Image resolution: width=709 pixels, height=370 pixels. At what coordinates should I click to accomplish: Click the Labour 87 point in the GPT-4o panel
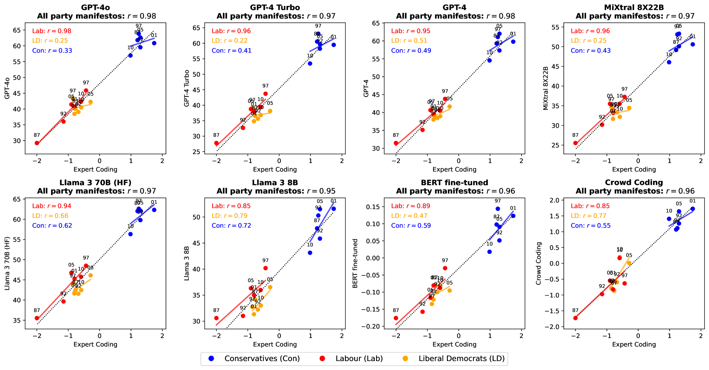37,143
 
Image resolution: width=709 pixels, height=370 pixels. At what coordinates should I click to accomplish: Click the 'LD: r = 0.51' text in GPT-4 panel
409,41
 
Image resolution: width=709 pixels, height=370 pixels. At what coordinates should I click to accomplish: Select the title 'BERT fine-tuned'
454,183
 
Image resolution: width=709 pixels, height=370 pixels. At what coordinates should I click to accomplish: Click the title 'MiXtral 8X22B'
634,8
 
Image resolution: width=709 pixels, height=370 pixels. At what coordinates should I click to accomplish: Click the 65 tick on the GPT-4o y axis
17,30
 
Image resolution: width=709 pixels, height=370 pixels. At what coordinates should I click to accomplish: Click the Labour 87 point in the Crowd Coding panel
575,318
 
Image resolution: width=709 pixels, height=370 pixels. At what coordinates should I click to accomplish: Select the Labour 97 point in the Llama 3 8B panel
266,268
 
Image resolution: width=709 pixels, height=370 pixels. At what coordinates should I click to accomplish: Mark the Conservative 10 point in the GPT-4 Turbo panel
310,64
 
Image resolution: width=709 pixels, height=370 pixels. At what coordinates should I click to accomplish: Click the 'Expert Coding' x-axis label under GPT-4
454,169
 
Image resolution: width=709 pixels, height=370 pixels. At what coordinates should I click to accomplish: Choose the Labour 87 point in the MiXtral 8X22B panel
575,143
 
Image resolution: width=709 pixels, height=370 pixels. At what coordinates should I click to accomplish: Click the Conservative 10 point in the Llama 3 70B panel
131,234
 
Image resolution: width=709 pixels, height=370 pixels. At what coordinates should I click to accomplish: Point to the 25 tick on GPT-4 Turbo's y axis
196,152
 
